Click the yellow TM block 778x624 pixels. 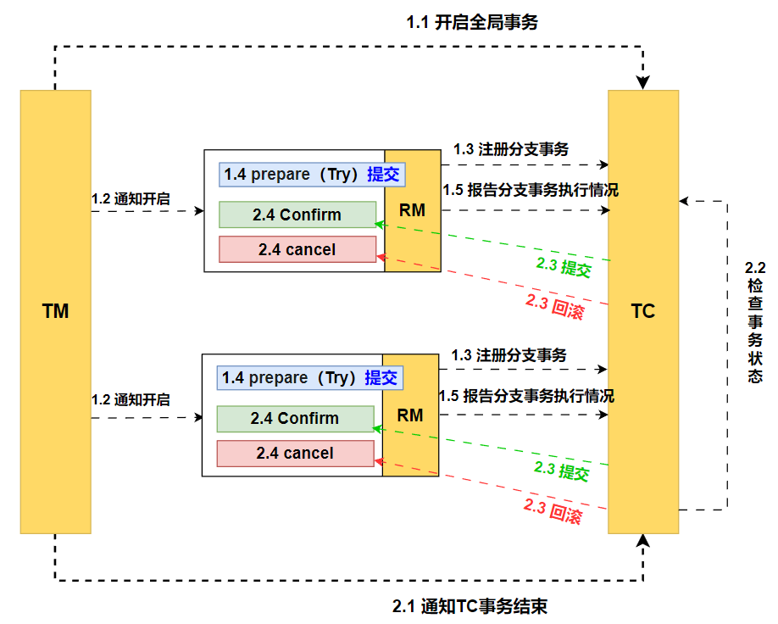[55, 311]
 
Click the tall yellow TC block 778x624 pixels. [643, 311]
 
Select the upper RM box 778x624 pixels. [412, 210]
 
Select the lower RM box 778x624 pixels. [410, 415]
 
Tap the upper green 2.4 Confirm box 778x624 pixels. [297, 214]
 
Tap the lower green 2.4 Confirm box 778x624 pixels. [294, 418]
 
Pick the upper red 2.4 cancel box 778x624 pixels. [297, 249]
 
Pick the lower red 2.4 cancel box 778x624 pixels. [294, 454]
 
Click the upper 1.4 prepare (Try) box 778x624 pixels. [311, 175]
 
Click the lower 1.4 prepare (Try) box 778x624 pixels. [309, 378]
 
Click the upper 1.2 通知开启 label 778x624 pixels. [131, 199]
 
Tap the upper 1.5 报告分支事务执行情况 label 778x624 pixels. [531, 190]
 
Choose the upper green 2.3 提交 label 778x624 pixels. [563, 267]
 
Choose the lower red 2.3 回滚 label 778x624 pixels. [553, 511]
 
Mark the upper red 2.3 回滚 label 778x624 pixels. [554, 307]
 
